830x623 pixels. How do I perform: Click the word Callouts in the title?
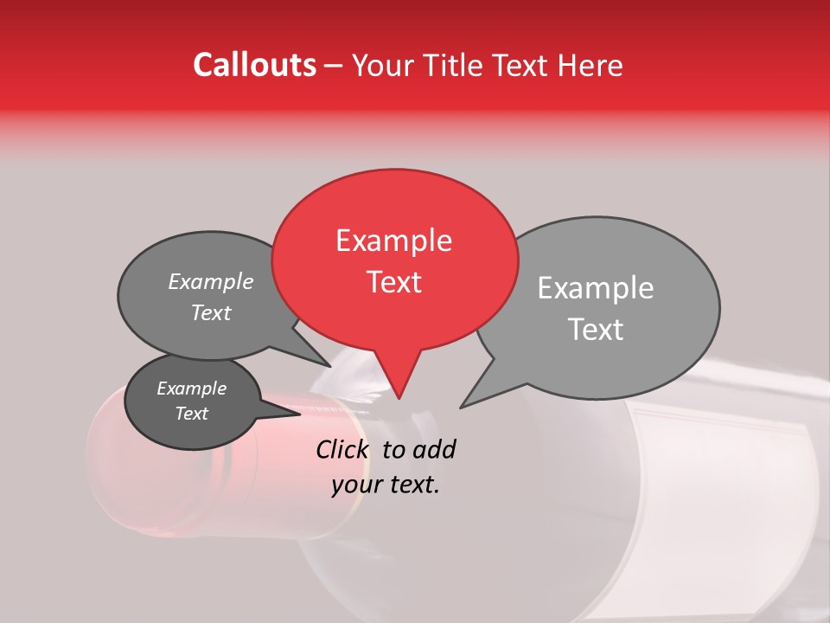254,65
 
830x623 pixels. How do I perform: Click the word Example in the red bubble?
393,241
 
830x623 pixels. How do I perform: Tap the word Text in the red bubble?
393,282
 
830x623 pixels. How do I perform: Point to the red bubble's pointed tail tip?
399,398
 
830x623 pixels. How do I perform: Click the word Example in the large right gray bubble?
596,288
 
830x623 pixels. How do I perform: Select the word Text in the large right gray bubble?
596,330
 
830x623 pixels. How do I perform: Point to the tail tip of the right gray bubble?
461,408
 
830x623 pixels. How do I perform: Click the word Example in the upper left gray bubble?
211,281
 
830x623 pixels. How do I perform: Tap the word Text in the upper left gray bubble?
211,312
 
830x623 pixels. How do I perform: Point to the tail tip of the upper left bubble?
329,366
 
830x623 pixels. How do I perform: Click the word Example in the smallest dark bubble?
191,389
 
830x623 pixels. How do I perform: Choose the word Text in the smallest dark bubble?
191,414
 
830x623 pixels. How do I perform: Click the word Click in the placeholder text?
344,449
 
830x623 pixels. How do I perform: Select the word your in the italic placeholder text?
356,485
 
